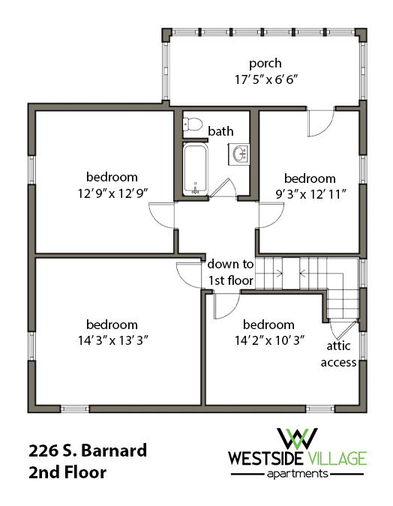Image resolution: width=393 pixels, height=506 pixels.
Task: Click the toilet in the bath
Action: [x=194, y=125]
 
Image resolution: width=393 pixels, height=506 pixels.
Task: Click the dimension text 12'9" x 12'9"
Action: [x=112, y=192]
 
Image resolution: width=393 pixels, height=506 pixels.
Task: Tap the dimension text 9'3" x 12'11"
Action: [x=309, y=193]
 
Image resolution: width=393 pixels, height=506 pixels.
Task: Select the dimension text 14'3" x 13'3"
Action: [x=112, y=340]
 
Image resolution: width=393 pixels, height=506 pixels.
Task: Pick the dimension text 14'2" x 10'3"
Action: [x=268, y=340]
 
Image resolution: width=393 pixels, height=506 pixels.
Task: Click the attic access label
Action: [x=338, y=355]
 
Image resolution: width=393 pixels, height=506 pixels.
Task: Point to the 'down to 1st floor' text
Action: [x=231, y=272]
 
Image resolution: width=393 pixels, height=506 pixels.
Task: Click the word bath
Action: [x=220, y=131]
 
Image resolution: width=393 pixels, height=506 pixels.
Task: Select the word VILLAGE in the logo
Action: [x=336, y=458]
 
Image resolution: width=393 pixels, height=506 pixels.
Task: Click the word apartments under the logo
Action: [x=298, y=474]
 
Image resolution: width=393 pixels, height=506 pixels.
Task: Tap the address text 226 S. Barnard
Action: [x=88, y=451]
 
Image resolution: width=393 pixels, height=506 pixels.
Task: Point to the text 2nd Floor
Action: [x=67, y=473]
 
